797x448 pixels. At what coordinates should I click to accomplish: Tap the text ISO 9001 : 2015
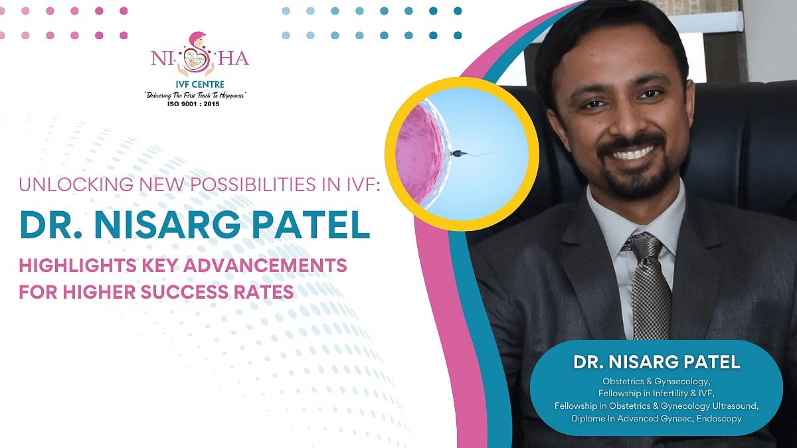[196, 104]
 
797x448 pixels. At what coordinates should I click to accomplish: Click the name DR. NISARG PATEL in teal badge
[656, 363]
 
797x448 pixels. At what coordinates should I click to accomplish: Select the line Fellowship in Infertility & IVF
[656, 394]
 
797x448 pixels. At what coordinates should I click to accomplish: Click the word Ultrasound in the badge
[733, 406]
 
